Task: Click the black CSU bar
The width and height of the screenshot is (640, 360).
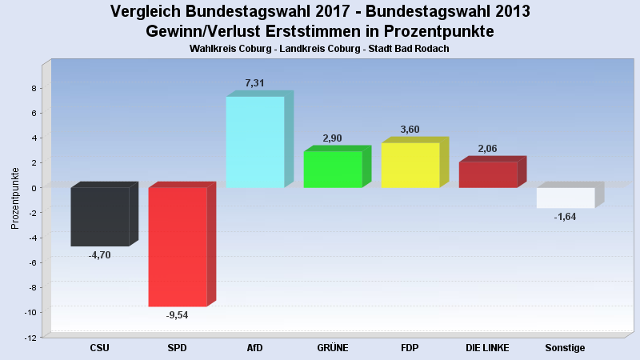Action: coord(100,216)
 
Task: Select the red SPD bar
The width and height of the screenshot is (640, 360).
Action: coord(178,246)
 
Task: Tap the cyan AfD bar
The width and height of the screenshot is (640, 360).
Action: coord(255,142)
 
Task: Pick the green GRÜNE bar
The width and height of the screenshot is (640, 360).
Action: coord(333,169)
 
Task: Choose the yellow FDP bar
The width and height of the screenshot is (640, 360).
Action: coord(410,165)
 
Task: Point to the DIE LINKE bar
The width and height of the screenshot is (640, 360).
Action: coord(488,174)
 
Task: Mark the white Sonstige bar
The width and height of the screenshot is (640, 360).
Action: coord(566,198)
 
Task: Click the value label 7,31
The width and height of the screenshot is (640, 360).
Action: coord(254,83)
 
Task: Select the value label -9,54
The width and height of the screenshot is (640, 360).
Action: coord(176,314)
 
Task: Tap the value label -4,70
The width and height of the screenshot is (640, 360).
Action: coord(99,254)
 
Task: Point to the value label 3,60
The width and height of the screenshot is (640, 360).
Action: coord(410,130)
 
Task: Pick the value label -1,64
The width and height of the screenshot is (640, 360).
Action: coord(565,217)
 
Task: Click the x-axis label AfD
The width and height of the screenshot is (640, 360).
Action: coord(254,348)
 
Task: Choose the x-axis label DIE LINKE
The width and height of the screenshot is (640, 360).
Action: coord(487,348)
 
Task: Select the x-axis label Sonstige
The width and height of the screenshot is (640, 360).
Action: coord(565,348)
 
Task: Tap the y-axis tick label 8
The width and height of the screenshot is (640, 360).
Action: coord(34,88)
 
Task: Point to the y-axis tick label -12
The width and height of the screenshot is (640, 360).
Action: coord(30,337)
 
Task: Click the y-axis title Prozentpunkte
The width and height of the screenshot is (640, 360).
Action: coord(15,198)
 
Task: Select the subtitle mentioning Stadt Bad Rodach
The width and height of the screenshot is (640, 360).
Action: coord(320,49)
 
